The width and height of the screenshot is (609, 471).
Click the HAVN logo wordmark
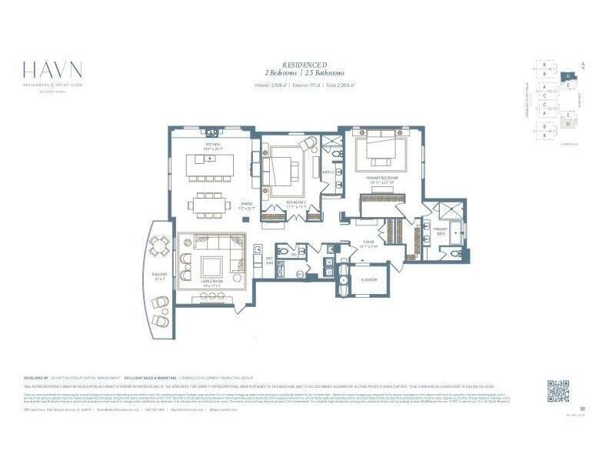52,71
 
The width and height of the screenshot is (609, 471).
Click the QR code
558,391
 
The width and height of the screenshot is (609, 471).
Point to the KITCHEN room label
213,144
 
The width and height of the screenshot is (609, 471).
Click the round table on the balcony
161,247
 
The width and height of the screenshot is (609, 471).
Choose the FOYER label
369,241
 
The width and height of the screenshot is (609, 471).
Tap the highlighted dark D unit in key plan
567,76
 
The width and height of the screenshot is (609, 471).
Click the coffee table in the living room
211,266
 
